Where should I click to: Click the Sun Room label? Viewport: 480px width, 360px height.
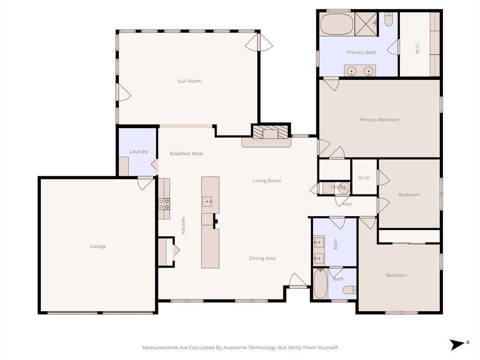pyautogui.click(x=189, y=81)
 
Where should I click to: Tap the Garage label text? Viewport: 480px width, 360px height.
pyautogui.click(x=98, y=246)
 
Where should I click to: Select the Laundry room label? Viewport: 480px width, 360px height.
pyautogui.click(x=139, y=151)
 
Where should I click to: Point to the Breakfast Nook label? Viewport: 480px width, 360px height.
pyautogui.click(x=186, y=153)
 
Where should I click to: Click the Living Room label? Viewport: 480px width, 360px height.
pyautogui.click(x=267, y=180)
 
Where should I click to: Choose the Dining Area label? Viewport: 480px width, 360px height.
pyautogui.click(x=262, y=258)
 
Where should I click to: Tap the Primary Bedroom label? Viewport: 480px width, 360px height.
pyautogui.click(x=379, y=120)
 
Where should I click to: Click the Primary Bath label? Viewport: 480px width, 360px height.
pyautogui.click(x=361, y=52)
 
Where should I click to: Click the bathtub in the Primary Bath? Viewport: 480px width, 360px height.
pyautogui.click(x=336, y=24)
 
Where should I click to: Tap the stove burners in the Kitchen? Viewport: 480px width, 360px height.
pyautogui.click(x=164, y=204)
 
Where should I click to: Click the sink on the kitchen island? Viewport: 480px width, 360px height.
pyautogui.click(x=208, y=202)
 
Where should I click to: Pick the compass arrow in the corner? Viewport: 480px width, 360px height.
pyautogui.click(x=457, y=345)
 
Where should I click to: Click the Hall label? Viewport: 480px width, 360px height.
pyautogui.click(x=347, y=204)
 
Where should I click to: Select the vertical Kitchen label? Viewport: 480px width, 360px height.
pyautogui.click(x=183, y=225)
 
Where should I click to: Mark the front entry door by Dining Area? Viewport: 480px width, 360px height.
pyautogui.click(x=297, y=281)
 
